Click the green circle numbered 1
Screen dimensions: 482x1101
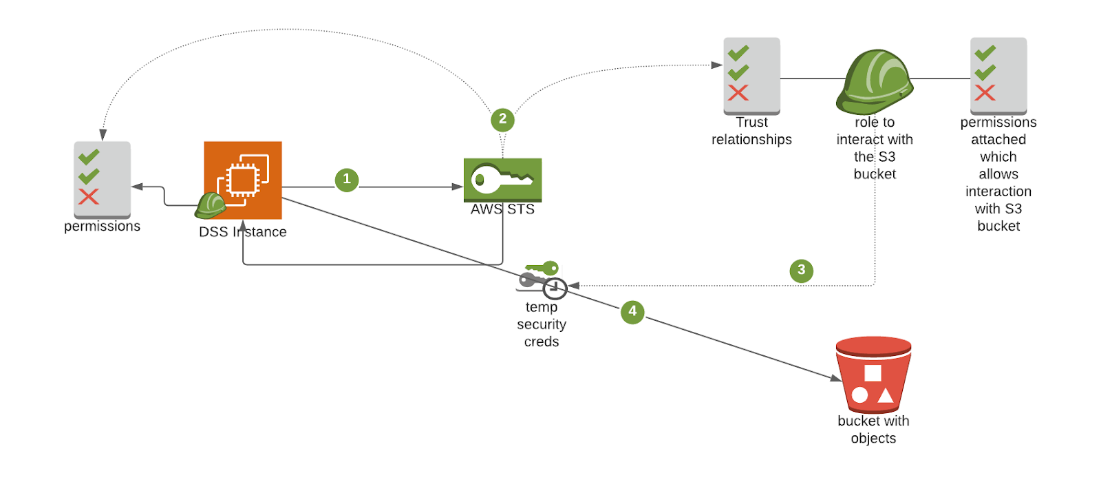coord(347,180)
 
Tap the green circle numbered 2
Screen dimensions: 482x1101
coord(502,120)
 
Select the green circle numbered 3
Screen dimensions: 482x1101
coord(801,271)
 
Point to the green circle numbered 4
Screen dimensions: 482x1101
coord(632,312)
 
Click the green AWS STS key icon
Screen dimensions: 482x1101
coord(502,180)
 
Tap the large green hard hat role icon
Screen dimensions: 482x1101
coord(875,82)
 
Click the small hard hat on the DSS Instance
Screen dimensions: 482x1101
coord(211,205)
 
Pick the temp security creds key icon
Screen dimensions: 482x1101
coord(543,279)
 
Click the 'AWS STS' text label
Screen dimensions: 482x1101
coord(502,209)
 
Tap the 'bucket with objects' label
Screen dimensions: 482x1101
coord(873,430)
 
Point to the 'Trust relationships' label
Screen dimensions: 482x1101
coord(751,131)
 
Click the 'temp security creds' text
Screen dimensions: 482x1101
coord(542,324)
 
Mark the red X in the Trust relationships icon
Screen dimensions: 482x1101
coord(738,93)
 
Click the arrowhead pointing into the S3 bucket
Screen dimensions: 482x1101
coord(835,377)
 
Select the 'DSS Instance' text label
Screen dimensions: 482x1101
coord(243,232)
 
